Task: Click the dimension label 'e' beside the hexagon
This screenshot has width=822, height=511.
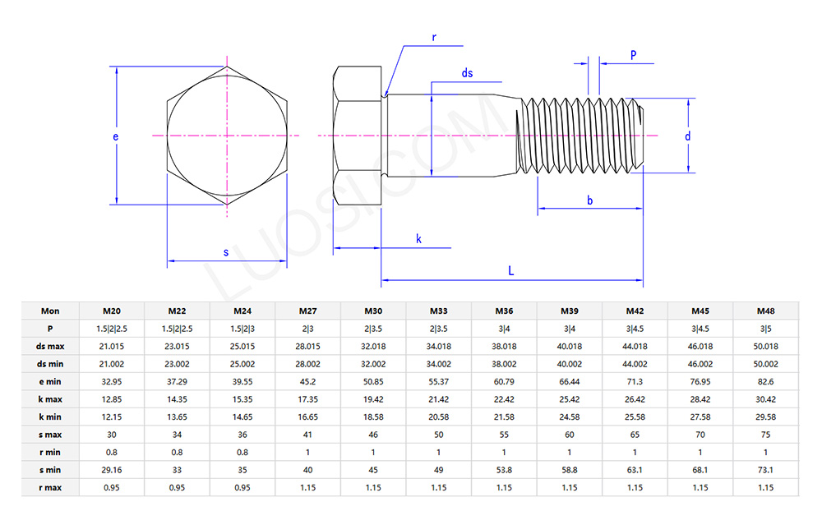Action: coord(116,136)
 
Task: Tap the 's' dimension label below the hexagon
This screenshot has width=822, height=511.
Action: coord(226,252)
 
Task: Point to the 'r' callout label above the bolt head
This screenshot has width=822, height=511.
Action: coord(433,37)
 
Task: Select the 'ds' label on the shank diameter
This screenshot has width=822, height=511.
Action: coord(467,73)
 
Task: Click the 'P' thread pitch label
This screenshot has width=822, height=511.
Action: coord(633,54)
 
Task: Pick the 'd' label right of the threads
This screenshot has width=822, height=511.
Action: coord(688,136)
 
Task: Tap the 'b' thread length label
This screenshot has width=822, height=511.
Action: coord(589,200)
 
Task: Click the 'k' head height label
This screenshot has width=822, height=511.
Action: coord(418,239)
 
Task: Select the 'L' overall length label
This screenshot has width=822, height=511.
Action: coord(510,270)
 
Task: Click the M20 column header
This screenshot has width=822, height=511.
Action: coord(112,311)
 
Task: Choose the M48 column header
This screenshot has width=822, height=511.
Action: coord(765,311)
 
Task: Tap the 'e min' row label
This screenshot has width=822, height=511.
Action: coord(51,381)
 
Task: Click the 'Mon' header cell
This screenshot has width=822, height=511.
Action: coord(51,311)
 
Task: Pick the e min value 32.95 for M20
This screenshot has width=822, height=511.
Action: coord(112,381)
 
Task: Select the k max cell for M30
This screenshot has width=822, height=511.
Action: coord(373,399)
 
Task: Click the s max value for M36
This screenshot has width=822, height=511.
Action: coord(504,435)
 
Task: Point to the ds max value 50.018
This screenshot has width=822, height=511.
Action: coord(765,346)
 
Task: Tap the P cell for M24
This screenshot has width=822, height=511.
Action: coord(242,329)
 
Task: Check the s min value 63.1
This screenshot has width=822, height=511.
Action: coord(635,470)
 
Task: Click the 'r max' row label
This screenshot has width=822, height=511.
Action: coord(51,487)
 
